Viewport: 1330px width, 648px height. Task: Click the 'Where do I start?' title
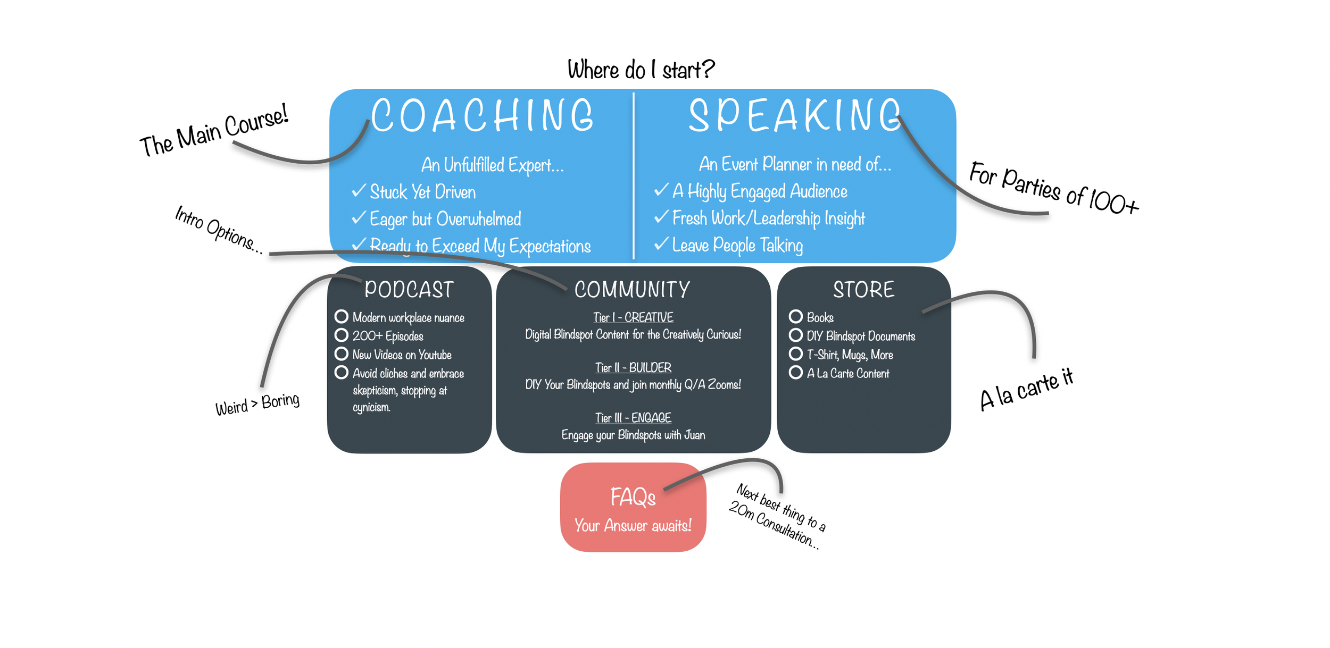coord(641,70)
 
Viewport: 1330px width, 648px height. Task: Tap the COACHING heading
coord(482,115)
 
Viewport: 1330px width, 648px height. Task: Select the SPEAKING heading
coord(795,115)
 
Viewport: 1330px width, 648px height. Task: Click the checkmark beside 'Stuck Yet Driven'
coord(359,190)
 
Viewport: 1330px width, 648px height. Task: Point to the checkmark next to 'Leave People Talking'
coord(661,243)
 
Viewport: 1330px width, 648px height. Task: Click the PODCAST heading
coord(409,290)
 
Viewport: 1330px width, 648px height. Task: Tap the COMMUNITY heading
coord(632,290)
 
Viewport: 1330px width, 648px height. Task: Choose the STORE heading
coord(863,290)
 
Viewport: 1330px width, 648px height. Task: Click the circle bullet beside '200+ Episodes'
coord(342,335)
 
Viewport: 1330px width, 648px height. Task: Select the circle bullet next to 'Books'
coord(795,317)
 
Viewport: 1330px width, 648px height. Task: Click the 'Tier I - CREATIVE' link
coord(633,317)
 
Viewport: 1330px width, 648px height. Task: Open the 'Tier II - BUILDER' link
coord(633,367)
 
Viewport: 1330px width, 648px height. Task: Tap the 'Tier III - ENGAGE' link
coord(633,418)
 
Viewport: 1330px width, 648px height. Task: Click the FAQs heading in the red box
coord(633,498)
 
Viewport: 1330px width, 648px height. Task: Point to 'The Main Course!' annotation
coord(214,131)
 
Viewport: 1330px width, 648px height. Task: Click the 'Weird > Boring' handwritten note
coord(257,404)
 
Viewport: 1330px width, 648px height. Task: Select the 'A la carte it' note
coord(1026,390)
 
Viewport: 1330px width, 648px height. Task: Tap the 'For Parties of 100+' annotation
coord(1053,189)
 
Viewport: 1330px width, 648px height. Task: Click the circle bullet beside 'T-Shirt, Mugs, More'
coord(795,354)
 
